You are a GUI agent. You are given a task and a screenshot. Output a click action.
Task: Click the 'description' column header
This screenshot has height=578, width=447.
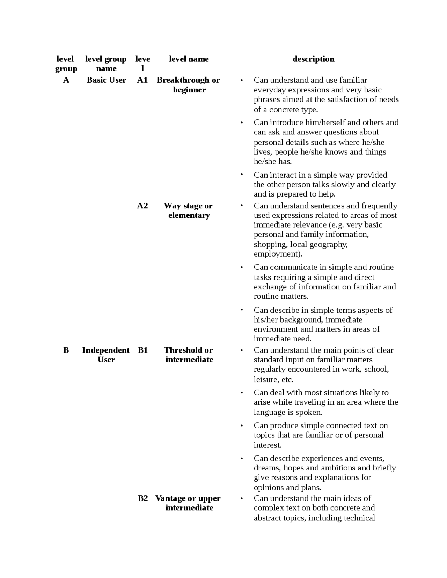tap(313, 59)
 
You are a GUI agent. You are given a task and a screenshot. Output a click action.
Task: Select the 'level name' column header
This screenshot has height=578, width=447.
tap(189, 59)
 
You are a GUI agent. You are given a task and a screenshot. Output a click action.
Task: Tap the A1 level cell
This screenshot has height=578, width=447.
tap(142, 80)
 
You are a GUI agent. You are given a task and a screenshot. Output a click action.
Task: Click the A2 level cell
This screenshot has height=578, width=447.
tap(142, 206)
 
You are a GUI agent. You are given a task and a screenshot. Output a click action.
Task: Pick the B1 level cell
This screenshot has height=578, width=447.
tap(143, 350)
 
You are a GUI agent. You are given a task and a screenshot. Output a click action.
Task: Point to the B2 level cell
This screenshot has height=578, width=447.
tap(143, 498)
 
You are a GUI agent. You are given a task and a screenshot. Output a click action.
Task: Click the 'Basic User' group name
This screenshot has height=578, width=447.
tap(106, 80)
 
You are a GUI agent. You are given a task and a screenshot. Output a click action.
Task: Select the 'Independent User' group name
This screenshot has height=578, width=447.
tap(106, 355)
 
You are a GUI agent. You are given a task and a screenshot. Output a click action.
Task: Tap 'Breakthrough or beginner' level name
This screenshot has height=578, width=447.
tap(189, 85)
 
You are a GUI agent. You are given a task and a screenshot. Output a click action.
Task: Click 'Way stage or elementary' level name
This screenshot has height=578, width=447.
tap(189, 210)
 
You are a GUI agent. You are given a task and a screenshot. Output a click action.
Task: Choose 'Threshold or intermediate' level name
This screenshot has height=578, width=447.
tap(189, 355)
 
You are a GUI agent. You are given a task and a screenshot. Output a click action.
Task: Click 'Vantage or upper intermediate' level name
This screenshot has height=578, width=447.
tap(189, 503)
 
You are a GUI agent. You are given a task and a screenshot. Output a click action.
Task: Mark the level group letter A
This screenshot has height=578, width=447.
tap(66, 80)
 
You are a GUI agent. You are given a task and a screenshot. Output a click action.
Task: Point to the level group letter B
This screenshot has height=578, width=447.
tap(66, 350)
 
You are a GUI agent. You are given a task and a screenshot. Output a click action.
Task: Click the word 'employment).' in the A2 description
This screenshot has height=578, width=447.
tap(278, 254)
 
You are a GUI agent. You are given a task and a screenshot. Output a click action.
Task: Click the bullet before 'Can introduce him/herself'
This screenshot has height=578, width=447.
tap(241, 123)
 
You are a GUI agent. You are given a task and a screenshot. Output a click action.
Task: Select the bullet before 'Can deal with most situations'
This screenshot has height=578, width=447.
tap(241, 393)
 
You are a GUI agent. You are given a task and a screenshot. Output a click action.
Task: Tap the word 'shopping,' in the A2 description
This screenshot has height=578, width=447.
tap(271, 244)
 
